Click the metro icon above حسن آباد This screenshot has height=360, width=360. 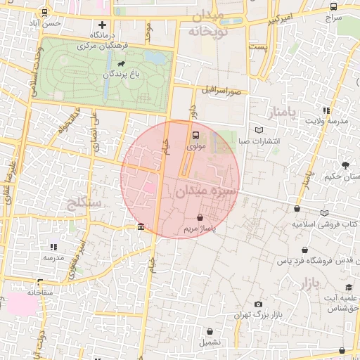[45, 12]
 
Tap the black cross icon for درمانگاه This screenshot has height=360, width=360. [103, 25]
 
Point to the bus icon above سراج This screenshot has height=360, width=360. [333, 6]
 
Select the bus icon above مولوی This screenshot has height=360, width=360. [195, 136]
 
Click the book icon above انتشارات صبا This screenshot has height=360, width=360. [259, 130]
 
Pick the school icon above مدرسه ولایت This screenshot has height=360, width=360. [326, 110]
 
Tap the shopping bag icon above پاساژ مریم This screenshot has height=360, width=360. [202, 218]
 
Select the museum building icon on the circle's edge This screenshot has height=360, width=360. [141, 228]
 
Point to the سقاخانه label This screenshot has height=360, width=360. [41, 291]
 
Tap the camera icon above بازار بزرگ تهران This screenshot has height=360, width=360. [259, 303]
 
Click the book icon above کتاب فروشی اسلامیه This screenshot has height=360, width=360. [324, 213]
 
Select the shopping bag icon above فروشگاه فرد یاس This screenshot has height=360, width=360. [304, 250]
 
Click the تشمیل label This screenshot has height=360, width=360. [210, 342]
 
